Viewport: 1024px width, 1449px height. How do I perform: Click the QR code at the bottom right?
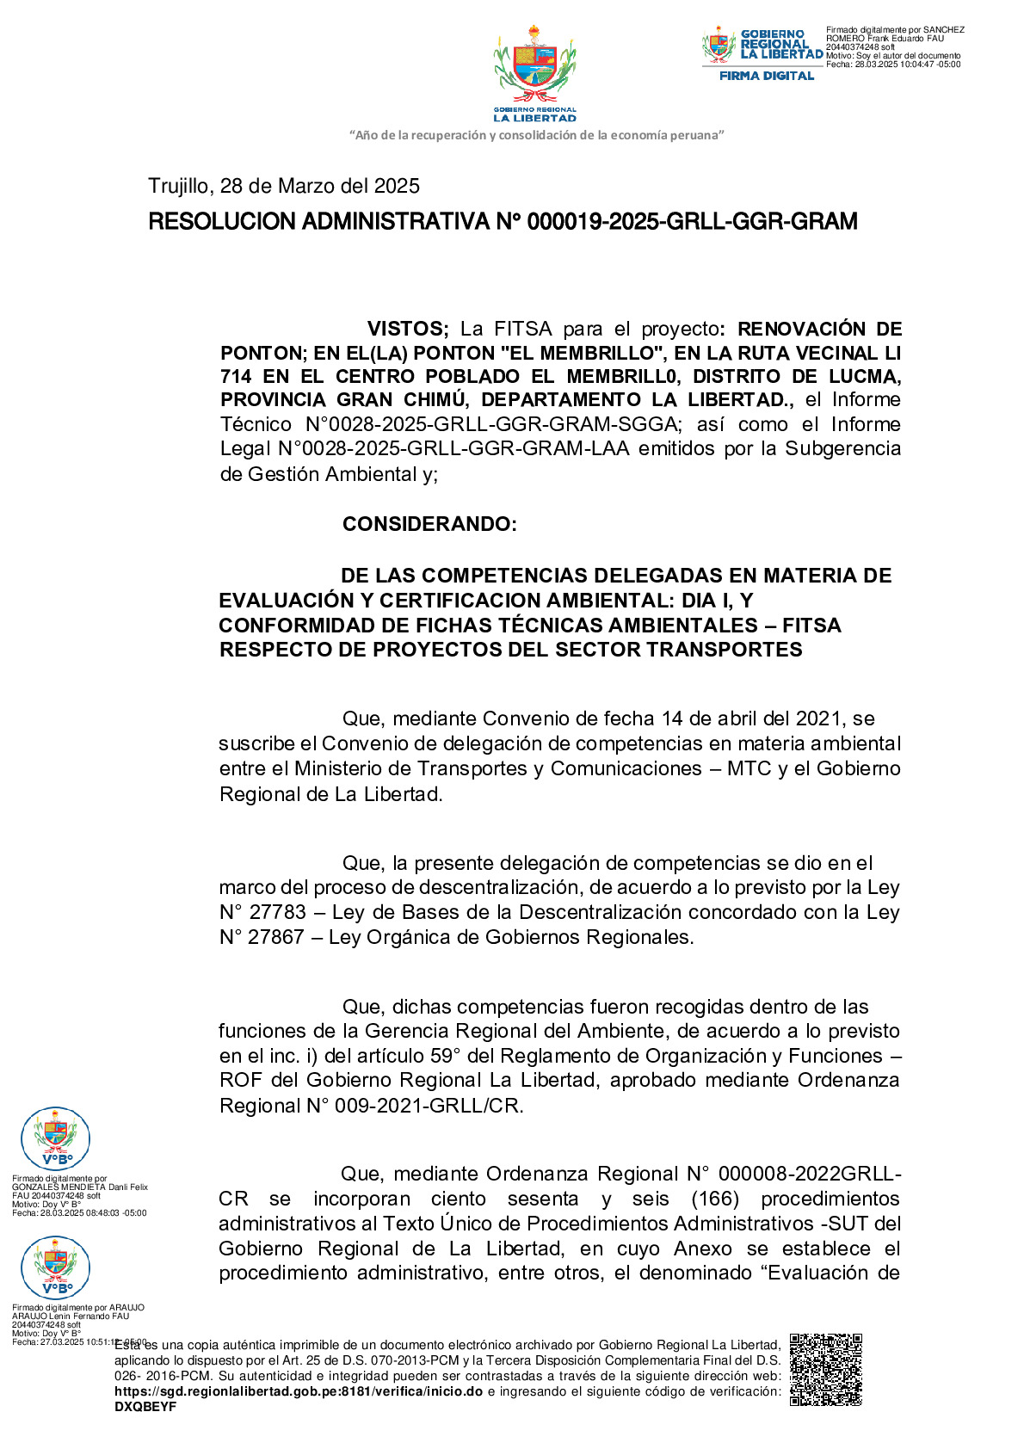tap(825, 1369)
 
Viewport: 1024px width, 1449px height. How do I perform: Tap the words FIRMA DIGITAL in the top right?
tap(766, 76)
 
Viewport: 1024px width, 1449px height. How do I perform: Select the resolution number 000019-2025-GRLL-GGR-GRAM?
tap(692, 222)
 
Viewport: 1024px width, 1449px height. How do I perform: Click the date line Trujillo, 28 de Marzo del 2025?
tap(284, 186)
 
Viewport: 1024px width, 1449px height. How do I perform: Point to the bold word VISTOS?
tap(408, 329)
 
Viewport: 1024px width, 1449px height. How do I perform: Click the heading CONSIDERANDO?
tap(429, 524)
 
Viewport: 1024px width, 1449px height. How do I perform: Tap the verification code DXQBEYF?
tap(145, 1407)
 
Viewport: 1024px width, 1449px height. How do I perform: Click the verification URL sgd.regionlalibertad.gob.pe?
tap(298, 1391)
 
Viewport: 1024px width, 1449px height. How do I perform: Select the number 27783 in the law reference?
tap(277, 912)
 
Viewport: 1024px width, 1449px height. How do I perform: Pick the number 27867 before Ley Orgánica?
tap(276, 937)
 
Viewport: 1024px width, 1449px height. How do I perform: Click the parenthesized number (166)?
tap(715, 1199)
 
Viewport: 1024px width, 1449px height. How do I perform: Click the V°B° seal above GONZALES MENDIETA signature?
tap(55, 1138)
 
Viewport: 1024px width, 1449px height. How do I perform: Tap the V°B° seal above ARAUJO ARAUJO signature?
tap(55, 1267)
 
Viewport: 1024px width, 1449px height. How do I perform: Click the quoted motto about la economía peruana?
tap(537, 135)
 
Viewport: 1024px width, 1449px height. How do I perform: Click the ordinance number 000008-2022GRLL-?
tap(810, 1174)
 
